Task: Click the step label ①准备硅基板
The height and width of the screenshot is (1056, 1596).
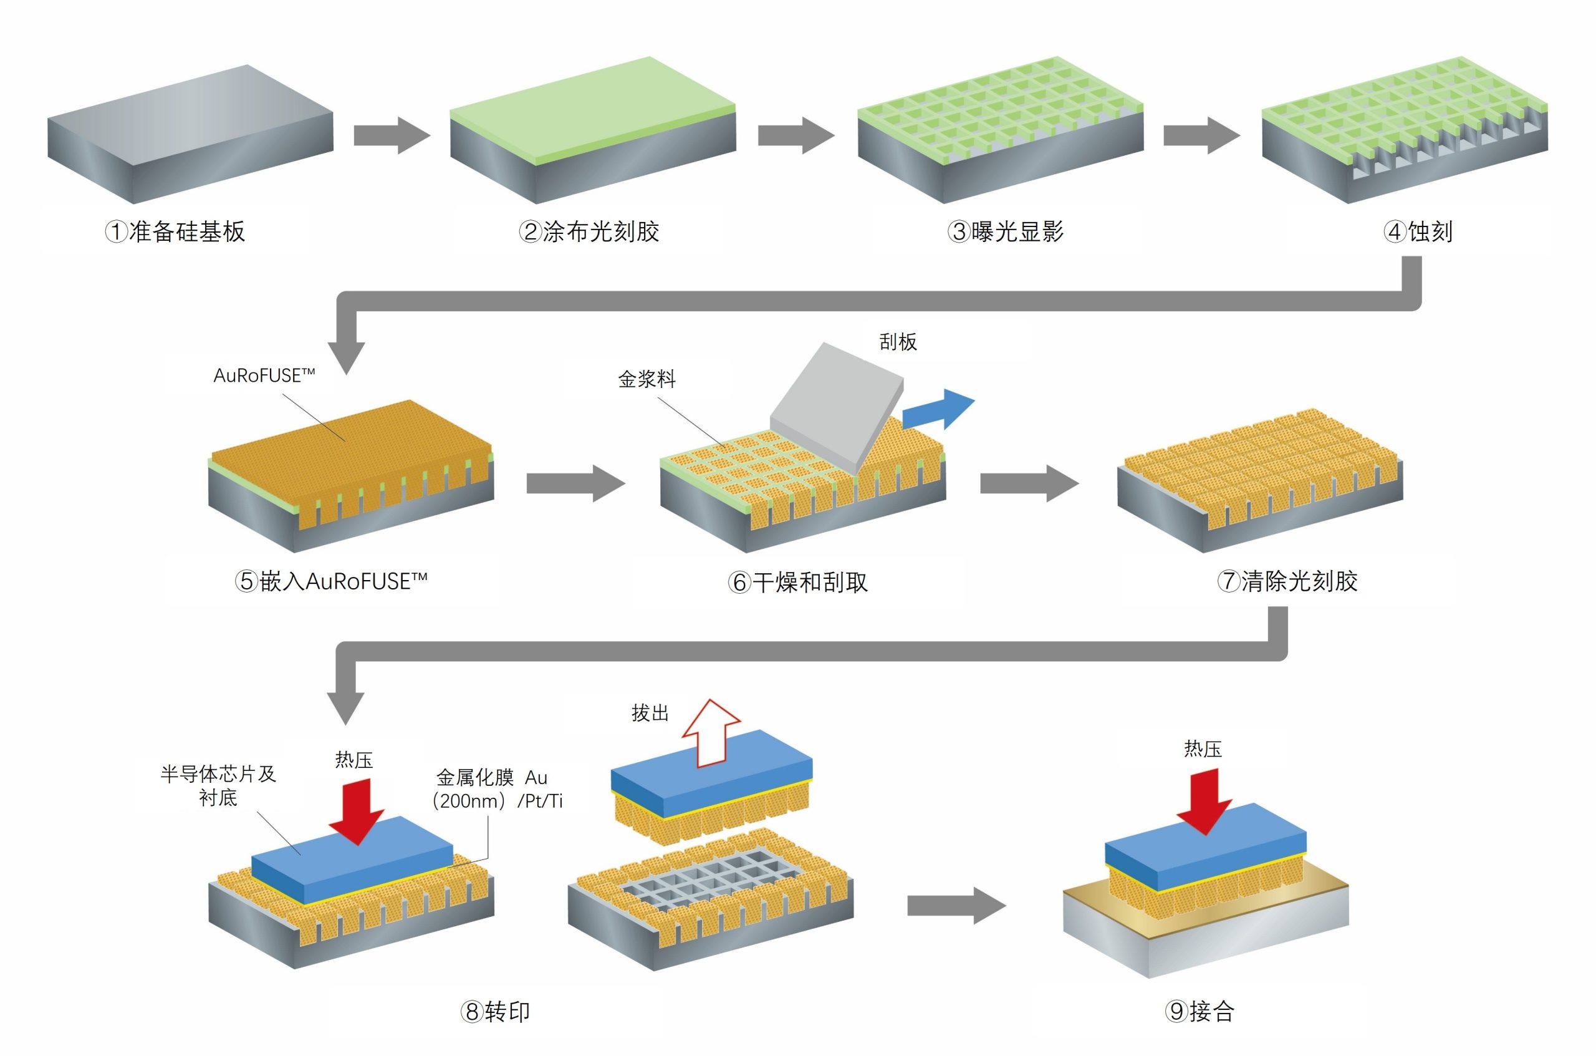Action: coord(175,231)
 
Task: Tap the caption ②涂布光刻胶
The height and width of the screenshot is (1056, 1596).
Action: coord(589,231)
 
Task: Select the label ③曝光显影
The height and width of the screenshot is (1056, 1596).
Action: coord(1005,231)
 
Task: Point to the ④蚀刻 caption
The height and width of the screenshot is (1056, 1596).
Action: coord(1418,231)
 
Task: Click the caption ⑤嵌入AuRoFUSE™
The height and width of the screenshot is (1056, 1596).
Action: coord(331,581)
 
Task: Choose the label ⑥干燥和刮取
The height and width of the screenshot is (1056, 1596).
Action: coord(797,582)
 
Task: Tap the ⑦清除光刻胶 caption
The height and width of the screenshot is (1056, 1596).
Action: coord(1287,581)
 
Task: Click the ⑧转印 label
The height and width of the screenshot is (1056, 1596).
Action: coord(496,1011)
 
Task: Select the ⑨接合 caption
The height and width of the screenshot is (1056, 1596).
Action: coord(1199,1011)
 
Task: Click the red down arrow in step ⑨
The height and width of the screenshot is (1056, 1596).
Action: coord(1204,802)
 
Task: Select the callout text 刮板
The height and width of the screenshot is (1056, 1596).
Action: coord(898,342)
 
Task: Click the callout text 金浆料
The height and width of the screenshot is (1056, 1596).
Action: coord(647,379)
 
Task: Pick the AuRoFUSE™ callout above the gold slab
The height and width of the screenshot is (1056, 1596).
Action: coord(264,375)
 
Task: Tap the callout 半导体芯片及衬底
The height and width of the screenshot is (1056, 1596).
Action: coord(218,785)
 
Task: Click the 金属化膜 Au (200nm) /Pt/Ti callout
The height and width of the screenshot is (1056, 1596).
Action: coord(498,788)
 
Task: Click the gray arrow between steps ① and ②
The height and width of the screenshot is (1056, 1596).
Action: coord(391,135)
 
